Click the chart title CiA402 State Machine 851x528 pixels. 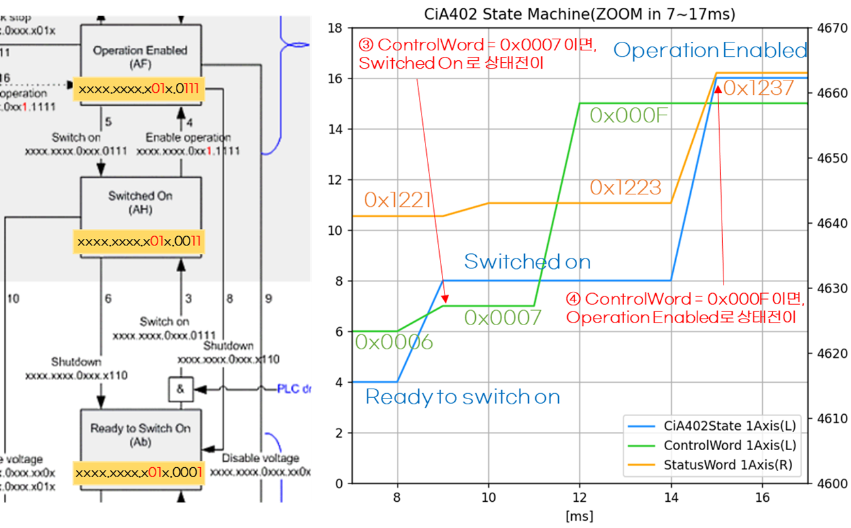(x=571, y=12)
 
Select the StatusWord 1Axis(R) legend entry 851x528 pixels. (x=729, y=465)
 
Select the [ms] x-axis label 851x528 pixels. (x=579, y=516)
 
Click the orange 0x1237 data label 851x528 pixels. (x=758, y=88)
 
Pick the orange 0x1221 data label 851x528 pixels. (x=397, y=200)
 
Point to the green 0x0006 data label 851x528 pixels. (x=394, y=341)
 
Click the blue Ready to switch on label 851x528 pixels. (x=463, y=396)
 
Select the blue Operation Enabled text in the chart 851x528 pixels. (x=710, y=50)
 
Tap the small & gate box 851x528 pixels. (x=180, y=389)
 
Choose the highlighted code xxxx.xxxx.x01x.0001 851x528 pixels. (x=139, y=472)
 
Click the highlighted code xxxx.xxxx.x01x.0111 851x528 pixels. (x=139, y=87)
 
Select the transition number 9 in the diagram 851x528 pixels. (x=268, y=299)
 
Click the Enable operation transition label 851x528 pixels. (x=188, y=137)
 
